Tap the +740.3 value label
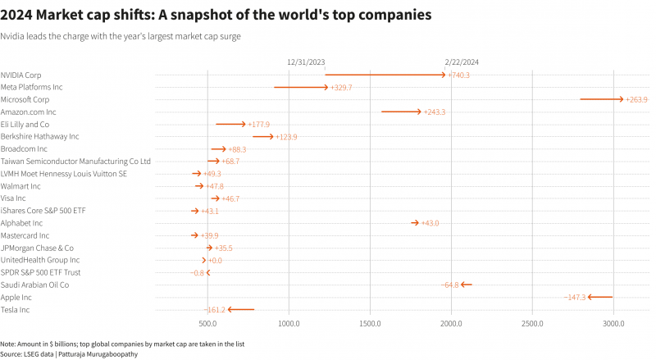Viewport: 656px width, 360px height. (459, 75)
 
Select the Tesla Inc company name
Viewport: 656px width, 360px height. (16, 310)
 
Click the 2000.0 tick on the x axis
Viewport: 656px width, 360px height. (451, 324)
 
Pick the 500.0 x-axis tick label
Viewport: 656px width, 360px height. (207, 324)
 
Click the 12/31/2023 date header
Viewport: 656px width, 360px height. (306, 62)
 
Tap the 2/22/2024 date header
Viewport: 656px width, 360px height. (462, 62)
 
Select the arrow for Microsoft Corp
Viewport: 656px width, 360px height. (601, 99)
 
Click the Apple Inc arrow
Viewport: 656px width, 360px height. (600, 297)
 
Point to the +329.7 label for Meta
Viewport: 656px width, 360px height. (341, 87)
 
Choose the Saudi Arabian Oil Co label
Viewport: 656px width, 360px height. (34, 285)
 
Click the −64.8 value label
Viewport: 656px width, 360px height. (450, 285)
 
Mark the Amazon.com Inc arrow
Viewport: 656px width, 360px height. (401, 112)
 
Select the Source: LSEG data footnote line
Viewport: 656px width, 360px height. (69, 353)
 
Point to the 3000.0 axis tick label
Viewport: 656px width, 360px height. (613, 324)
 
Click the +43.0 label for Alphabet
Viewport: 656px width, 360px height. (430, 223)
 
